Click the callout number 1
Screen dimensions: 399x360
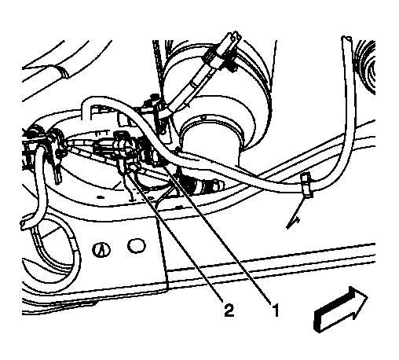275,310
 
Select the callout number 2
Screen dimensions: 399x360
229,310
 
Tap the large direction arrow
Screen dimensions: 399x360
340,310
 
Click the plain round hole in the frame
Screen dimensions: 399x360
136,245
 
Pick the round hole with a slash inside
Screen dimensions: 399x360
101,249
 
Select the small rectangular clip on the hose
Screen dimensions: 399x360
307,185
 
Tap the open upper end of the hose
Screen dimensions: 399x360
346,39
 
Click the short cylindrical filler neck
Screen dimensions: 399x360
212,139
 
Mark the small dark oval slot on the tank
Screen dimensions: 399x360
100,197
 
